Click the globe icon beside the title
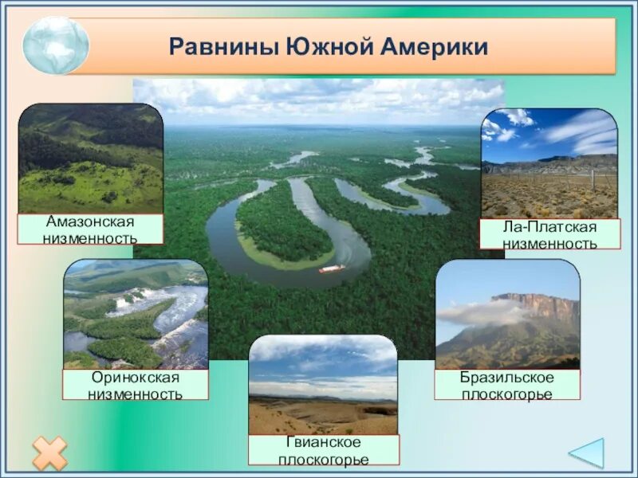click(55, 45)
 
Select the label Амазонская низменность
click(90, 229)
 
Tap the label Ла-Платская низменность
click(549, 235)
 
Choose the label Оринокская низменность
click(136, 385)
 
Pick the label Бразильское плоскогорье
click(506, 385)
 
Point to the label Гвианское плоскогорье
click(323, 450)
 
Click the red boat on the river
click(331, 268)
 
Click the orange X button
click(49, 453)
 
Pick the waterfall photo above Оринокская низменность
click(136, 314)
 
